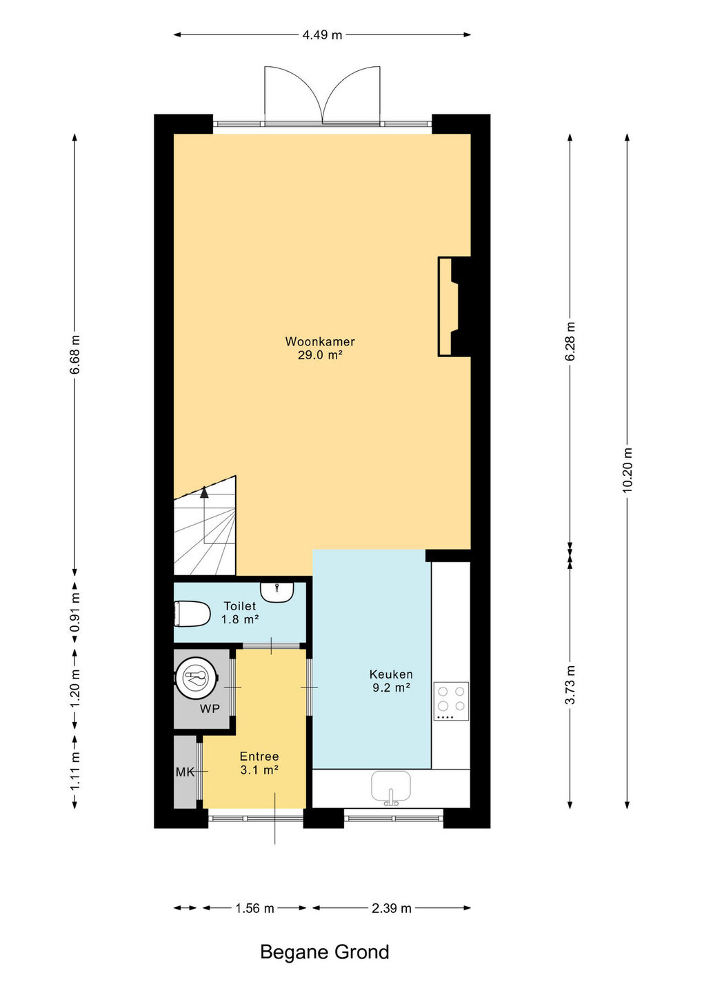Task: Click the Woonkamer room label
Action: coord(319,341)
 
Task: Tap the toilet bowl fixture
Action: coord(192,614)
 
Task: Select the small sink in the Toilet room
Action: coord(277,592)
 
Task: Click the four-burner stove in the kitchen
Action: coord(451,701)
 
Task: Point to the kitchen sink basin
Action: coord(390,787)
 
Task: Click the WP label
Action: coord(209,708)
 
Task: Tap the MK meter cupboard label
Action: coord(185,772)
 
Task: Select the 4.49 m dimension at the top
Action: coord(322,35)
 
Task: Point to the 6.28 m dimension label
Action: coord(570,341)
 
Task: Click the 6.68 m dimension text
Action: coord(75,354)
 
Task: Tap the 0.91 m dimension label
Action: coord(75,612)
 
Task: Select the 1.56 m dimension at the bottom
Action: coord(255,908)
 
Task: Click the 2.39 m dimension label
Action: coord(391,908)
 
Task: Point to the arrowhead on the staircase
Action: coord(204,492)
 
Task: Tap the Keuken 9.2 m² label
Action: coord(391,681)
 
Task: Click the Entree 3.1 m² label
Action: coord(259,763)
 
